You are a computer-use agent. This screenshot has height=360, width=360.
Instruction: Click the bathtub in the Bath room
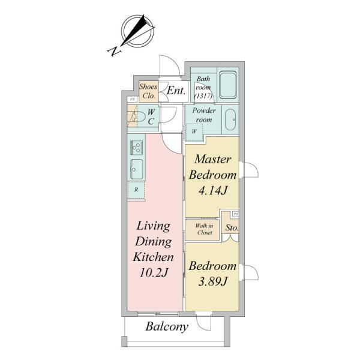pos(227,85)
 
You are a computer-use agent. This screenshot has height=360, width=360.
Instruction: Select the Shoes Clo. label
pos(148,91)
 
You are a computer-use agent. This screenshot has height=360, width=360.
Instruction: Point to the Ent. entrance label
pos(176,91)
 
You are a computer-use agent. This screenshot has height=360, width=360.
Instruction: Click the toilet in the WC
pos(139,117)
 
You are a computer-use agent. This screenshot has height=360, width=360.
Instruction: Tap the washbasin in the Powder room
pos(230,119)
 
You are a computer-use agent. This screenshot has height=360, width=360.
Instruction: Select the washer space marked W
pos(194,132)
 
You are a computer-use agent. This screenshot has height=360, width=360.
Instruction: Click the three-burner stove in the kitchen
pos(136,148)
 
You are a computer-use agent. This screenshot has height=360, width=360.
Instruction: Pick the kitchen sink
pos(137,169)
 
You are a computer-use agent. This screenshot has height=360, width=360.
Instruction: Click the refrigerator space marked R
pos(136,190)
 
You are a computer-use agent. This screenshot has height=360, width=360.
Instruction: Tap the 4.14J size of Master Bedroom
pos(213,191)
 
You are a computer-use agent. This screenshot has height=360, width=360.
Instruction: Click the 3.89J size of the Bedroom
pos(212,281)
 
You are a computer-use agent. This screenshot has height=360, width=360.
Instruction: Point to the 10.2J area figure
pos(154,273)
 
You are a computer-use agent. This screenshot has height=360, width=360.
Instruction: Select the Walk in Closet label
pos(204,229)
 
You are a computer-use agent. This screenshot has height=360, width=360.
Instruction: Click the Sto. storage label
pos(232,228)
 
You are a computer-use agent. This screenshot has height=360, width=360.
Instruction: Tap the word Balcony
pos(167,326)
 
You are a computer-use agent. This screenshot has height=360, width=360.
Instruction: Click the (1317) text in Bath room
pos(203,96)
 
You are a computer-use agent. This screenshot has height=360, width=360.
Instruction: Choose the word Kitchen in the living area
pos(154,257)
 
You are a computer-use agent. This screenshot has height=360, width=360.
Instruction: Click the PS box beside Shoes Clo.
pos(132,100)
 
